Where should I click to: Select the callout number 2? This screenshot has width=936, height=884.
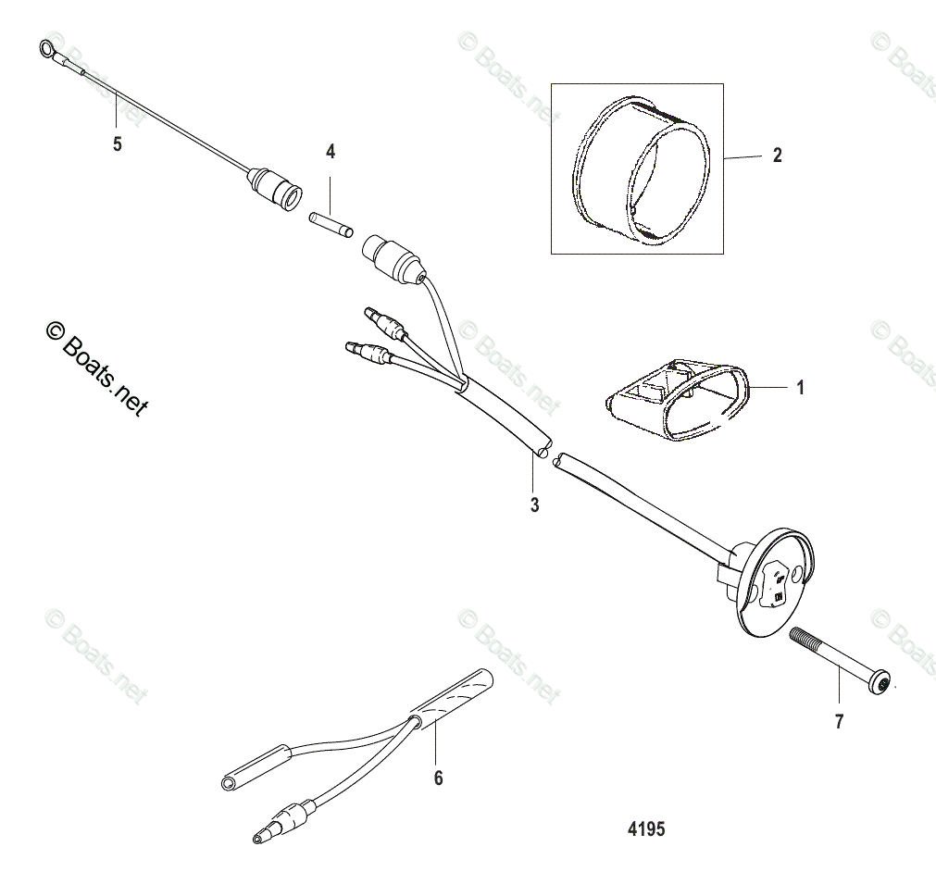[777, 156]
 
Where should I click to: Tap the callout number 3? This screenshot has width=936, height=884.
[534, 505]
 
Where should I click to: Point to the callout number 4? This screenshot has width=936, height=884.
[331, 151]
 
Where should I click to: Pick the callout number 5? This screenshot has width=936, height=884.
[117, 144]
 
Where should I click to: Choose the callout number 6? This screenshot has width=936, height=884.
[438, 778]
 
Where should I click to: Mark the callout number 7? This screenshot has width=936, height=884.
[839, 722]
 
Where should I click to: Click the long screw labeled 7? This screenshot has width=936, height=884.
[838, 660]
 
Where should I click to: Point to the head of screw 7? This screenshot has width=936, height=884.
[884, 684]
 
